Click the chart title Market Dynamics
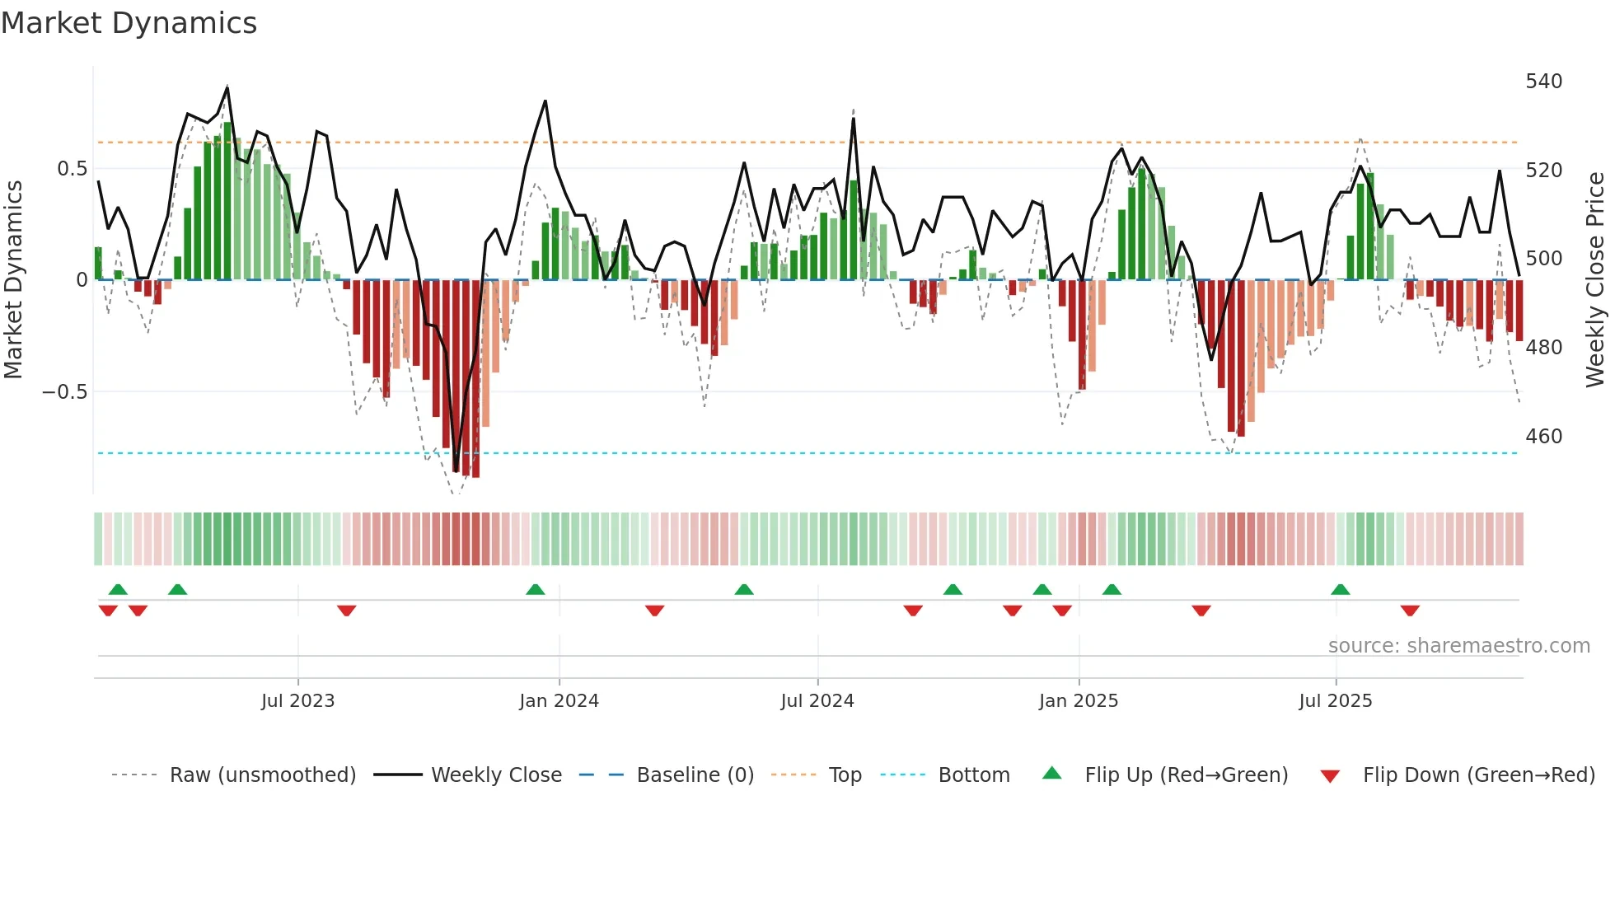point(129,23)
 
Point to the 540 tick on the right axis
point(1543,82)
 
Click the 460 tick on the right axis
point(1543,436)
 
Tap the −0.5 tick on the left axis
point(65,391)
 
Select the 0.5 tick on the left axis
point(72,169)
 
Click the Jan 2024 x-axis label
point(559,701)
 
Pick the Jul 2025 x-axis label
point(1335,701)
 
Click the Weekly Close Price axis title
point(1595,280)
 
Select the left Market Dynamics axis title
point(13,280)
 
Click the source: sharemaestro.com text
point(1458,646)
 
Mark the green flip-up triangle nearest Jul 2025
point(1340,589)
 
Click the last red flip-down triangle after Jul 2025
point(1410,611)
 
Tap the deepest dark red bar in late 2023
point(475,379)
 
